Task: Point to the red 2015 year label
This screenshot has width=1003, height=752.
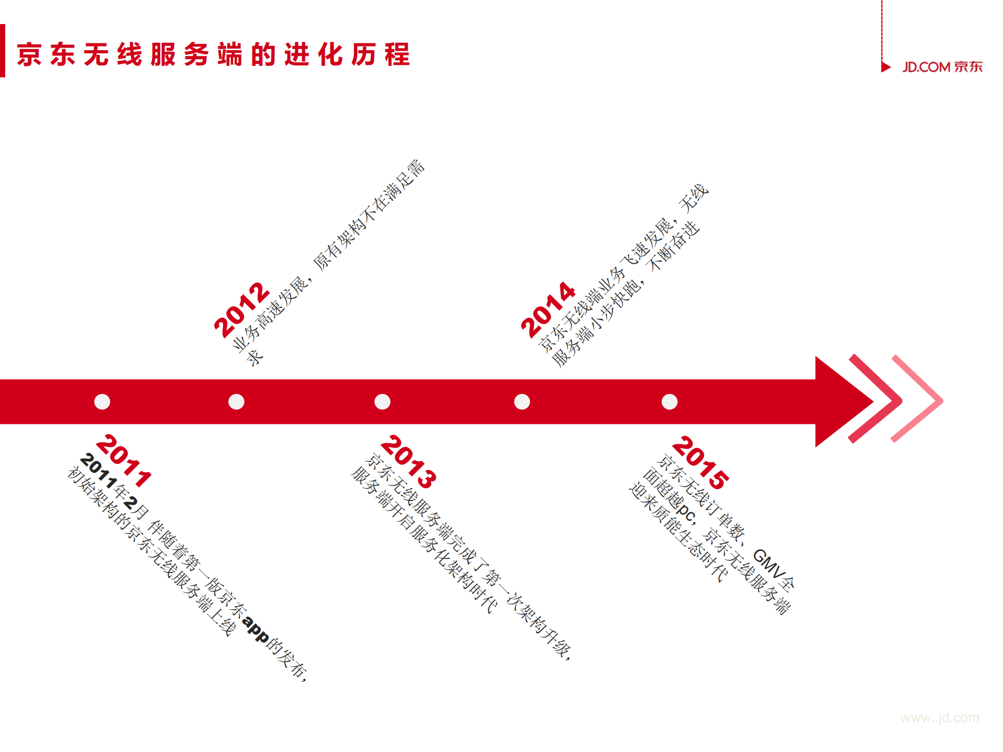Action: [x=700, y=462]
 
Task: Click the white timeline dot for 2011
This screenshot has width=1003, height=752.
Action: [x=102, y=401]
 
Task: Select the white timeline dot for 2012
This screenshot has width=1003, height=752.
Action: [x=236, y=401]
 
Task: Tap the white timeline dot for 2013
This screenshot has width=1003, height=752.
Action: [x=382, y=401]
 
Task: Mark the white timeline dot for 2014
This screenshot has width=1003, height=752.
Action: [x=522, y=401]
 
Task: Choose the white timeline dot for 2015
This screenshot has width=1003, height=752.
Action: [x=669, y=401]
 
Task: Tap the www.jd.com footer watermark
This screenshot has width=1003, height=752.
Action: [x=939, y=718]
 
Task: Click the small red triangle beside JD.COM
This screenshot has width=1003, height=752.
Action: [x=885, y=67]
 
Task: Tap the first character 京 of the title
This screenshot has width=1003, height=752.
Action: [x=29, y=54]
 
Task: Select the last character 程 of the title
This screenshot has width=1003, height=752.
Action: [x=397, y=54]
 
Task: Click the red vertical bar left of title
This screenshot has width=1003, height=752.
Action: [x=3, y=51]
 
